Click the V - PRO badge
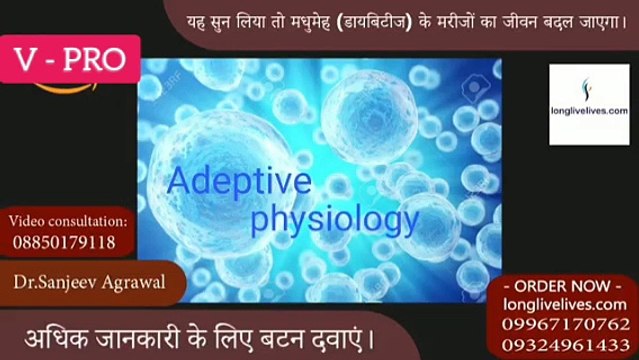tap(71, 60)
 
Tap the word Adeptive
tap(239, 182)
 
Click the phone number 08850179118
tap(63, 242)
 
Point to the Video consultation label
tap(68, 220)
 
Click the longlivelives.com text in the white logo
tap(589, 111)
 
